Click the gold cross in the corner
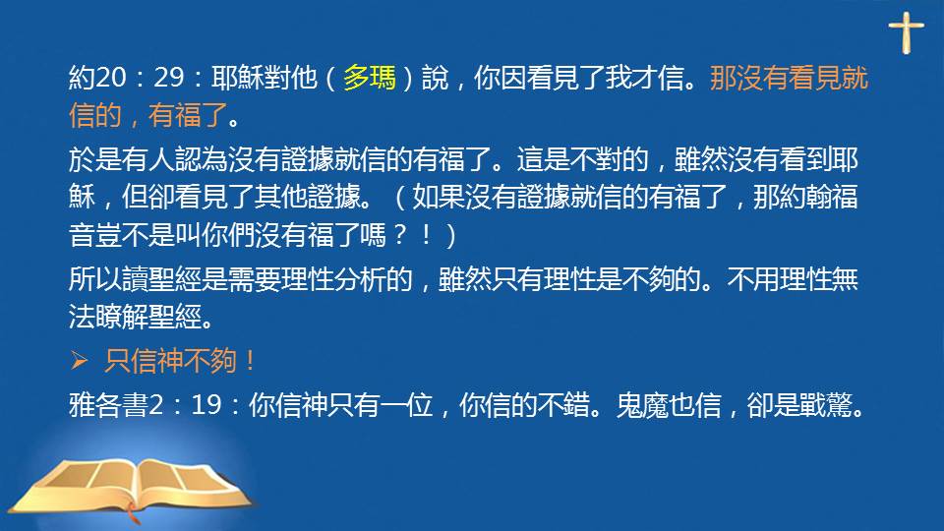[x=906, y=32]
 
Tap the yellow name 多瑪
[x=369, y=78]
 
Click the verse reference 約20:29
[x=126, y=78]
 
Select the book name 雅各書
[x=108, y=404]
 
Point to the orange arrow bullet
[x=79, y=361]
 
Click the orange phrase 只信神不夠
[x=170, y=361]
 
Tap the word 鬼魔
[x=642, y=404]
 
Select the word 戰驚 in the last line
[x=825, y=404]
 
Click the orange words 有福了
[x=188, y=115]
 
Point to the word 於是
[x=95, y=159]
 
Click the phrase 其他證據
[x=307, y=197]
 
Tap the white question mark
[x=399, y=234]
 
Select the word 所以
[x=95, y=279]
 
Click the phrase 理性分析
[x=333, y=279]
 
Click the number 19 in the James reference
[x=206, y=404]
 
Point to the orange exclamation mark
[x=250, y=361]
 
